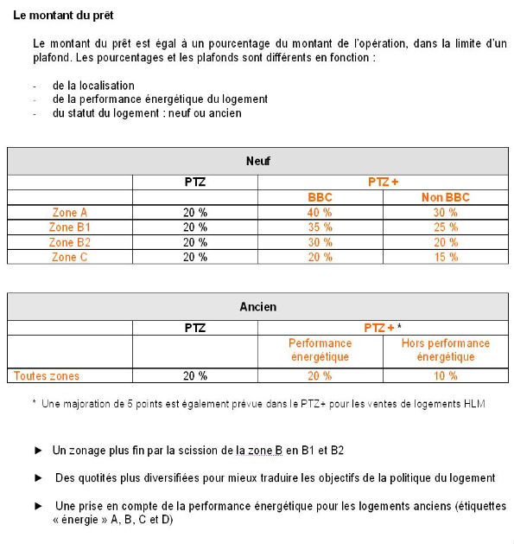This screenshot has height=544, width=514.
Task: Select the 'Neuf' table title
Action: (257, 161)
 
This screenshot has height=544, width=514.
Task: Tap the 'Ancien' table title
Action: (257, 307)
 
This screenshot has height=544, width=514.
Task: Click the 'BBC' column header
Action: (320, 197)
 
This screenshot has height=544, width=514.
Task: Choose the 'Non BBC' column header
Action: (445, 197)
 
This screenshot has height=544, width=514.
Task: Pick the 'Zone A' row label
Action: (70, 213)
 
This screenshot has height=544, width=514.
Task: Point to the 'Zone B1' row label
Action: (70, 227)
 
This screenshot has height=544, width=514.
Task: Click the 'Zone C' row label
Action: (70, 257)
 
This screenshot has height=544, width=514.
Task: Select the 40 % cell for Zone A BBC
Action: (320, 213)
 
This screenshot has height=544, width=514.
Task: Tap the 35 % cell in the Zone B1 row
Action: (320, 227)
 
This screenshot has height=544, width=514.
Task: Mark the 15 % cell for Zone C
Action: (445, 257)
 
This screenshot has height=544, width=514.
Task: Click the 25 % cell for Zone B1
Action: (445, 227)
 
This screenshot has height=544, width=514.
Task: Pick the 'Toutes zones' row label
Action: (47, 375)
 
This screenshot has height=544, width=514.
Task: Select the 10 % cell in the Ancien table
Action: (445, 375)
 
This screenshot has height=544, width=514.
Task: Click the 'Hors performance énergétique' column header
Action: (445, 350)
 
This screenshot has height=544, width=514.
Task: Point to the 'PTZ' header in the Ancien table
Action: (195, 328)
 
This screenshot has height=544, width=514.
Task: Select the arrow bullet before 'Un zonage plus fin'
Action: (38, 451)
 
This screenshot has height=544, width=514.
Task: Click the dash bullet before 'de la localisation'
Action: (35, 86)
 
